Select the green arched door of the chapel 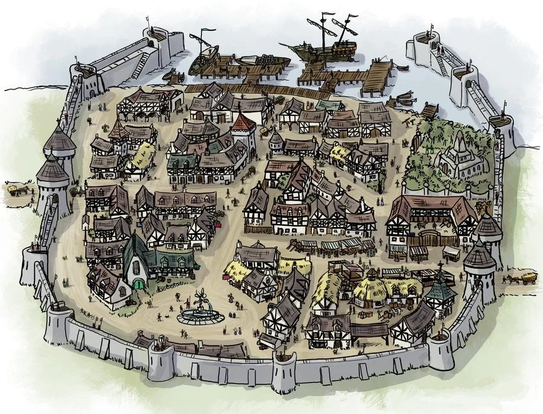coord(139,283)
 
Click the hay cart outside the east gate coord(528,278)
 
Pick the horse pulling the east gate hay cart coord(512,280)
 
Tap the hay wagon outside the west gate coord(13,189)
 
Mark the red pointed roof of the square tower coord(243,123)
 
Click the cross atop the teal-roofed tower coord(440,266)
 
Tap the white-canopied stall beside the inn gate coord(451,252)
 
